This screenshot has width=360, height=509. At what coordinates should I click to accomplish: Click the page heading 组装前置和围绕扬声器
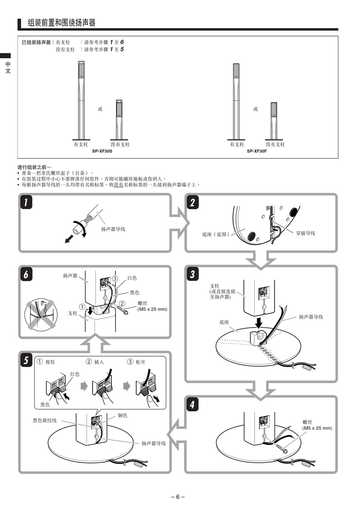point(62,23)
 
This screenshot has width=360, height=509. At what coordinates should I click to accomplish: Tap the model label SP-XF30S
point(102,151)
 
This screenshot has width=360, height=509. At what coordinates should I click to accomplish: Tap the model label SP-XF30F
point(257,151)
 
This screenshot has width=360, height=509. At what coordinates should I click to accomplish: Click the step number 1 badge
point(26,202)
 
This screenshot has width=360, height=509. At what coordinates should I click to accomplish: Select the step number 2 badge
point(193,202)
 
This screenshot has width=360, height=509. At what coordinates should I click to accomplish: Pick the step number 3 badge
point(193,274)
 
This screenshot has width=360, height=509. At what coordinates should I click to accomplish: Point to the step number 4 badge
point(193,404)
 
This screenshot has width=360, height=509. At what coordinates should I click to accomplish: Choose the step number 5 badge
point(26,360)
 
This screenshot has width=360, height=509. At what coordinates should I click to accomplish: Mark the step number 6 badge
point(26,274)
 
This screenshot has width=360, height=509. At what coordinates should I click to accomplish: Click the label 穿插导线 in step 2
point(305,233)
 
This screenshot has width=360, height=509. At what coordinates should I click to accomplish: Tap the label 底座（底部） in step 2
point(216,235)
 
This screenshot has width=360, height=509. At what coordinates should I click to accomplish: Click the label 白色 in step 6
point(132,278)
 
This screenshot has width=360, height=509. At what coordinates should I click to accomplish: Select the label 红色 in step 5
point(75,374)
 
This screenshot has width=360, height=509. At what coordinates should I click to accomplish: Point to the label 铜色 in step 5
point(122,415)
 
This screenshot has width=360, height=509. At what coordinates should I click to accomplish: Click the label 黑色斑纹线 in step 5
point(45,420)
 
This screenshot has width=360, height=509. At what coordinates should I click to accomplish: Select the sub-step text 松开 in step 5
point(141,362)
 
